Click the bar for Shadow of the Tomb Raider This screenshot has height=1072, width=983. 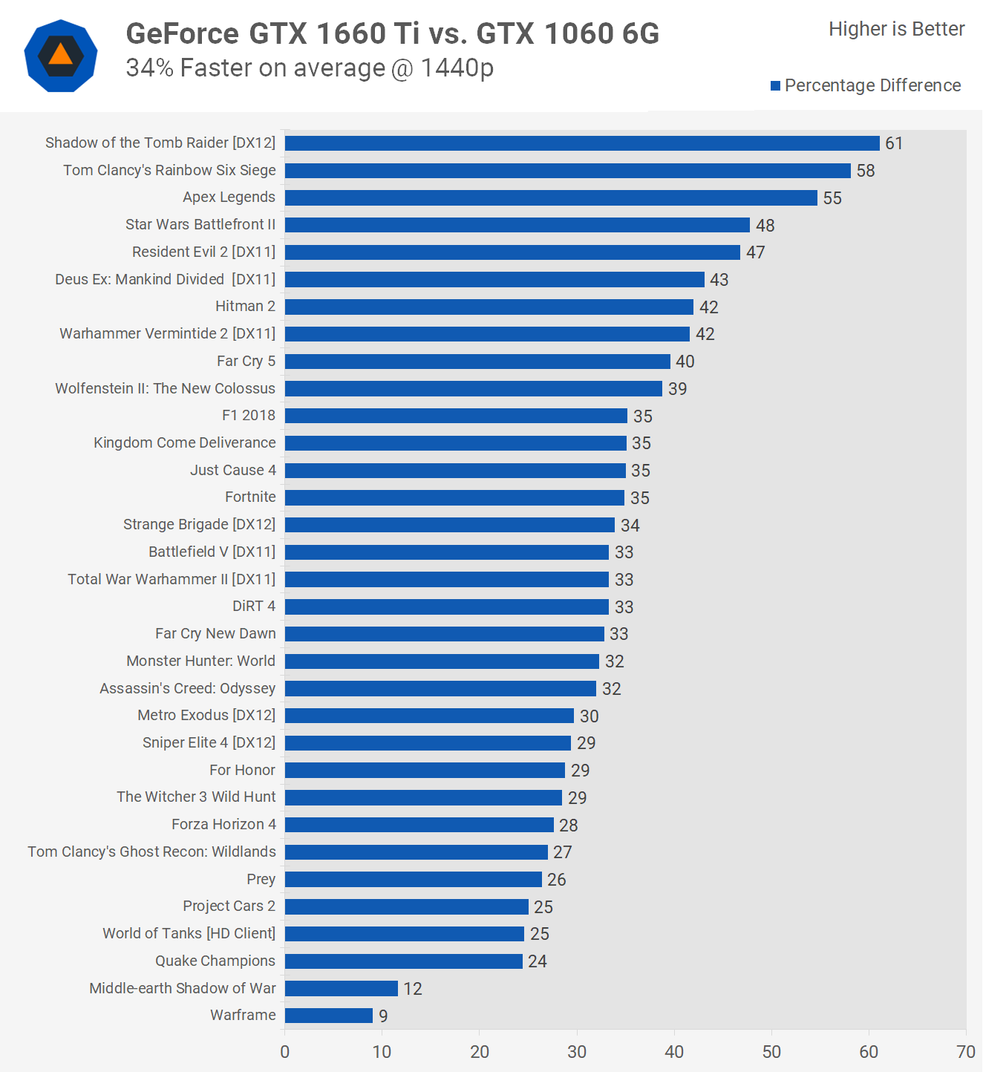point(582,143)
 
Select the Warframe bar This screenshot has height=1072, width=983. point(329,1016)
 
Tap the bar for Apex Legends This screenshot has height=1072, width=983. point(551,198)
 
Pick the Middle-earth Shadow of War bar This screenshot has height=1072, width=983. point(342,988)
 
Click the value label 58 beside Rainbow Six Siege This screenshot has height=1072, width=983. point(866,171)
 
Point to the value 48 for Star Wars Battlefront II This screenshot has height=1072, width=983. point(765,226)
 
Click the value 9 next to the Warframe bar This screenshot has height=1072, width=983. point(383,1016)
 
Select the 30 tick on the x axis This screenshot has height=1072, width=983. point(577,1052)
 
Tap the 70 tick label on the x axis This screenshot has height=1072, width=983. point(966,1052)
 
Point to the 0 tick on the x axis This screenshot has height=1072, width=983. point(285,1052)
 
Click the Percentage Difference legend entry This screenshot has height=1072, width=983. point(866,86)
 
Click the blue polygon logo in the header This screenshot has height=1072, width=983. point(61,56)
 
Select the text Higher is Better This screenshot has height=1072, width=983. point(896,29)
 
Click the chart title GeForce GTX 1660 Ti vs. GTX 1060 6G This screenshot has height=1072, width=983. point(393,34)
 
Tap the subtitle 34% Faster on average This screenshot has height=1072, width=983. point(310,68)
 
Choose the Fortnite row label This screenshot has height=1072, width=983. point(250,497)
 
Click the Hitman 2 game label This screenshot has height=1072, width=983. point(245,307)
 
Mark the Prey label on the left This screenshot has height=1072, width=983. point(261,880)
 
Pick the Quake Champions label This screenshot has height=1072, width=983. point(215,961)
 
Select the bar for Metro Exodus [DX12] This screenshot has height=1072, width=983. point(429,716)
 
